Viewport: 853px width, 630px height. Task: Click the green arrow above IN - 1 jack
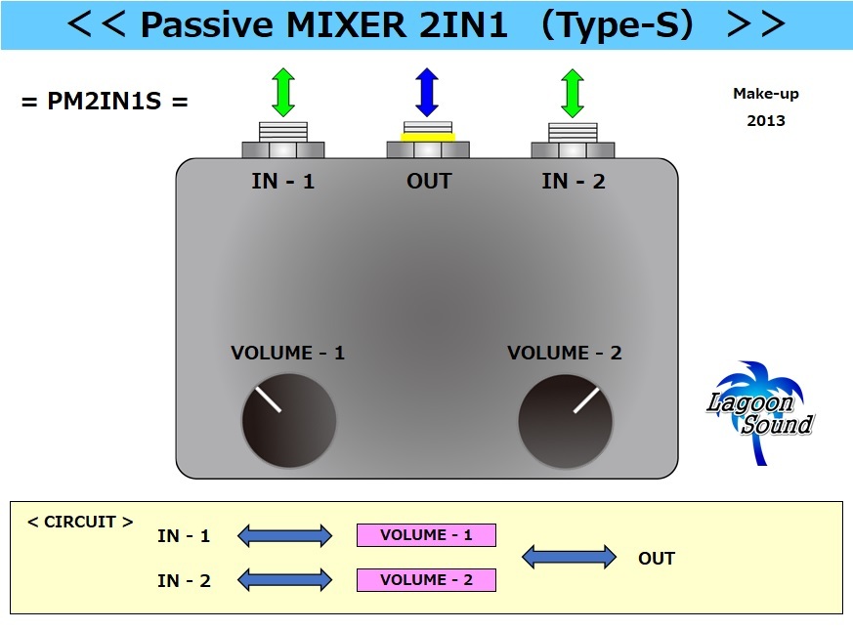click(282, 93)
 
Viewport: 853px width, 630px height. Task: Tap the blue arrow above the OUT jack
click(427, 93)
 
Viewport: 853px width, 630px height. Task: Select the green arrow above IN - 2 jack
click(573, 93)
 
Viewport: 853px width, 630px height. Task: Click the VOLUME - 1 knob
click(288, 421)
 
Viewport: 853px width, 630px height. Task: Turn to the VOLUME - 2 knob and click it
click(566, 421)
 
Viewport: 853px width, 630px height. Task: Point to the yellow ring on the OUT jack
click(428, 138)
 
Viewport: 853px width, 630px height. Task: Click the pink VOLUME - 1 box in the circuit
click(426, 535)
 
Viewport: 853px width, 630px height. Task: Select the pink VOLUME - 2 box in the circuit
click(426, 580)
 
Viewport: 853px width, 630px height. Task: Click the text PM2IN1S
click(104, 101)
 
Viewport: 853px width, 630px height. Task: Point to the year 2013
click(765, 121)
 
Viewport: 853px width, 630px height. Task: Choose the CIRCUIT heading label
click(80, 522)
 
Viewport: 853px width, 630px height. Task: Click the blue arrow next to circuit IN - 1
click(284, 535)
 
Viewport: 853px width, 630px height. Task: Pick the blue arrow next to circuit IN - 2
click(284, 580)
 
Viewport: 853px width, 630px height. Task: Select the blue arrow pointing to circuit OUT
click(569, 558)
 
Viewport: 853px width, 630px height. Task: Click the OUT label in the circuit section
click(657, 559)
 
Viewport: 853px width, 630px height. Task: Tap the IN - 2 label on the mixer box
click(574, 182)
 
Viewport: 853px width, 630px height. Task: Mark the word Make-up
click(765, 94)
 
